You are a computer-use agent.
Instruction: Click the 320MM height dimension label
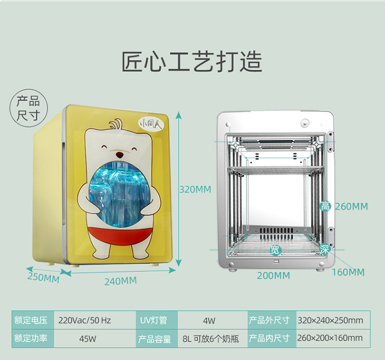[x=195, y=190]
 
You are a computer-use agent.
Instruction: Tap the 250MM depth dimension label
[x=43, y=277]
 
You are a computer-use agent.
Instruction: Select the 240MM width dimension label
[x=121, y=281]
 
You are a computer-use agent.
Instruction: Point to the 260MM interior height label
[x=352, y=207]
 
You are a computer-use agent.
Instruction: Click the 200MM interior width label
[x=274, y=275]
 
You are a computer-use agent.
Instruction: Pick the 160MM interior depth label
[x=348, y=272]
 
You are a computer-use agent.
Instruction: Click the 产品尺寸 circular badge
[x=28, y=108]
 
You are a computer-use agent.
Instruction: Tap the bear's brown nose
[x=120, y=155]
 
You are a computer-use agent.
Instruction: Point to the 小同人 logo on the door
[x=151, y=124]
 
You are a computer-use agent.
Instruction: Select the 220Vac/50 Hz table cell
[x=85, y=321]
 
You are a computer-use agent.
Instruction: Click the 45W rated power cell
[x=87, y=338]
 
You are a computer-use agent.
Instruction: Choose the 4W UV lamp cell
[x=209, y=321]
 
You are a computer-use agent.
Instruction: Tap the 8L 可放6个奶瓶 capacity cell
[x=210, y=338]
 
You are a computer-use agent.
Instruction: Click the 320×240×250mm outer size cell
[x=331, y=321]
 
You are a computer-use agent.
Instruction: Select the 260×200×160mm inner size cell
[x=330, y=338]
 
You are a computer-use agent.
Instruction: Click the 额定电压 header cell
[x=31, y=321]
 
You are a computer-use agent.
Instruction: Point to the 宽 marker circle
[x=275, y=250]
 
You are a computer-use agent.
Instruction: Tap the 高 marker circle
[x=325, y=207]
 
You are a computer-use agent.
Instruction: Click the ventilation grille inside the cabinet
[x=276, y=234]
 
